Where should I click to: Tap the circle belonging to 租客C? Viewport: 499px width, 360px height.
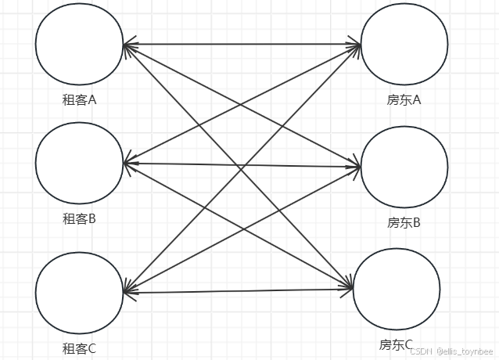[79, 292]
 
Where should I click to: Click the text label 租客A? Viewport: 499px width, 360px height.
[79, 100]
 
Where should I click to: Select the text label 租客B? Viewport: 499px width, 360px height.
[79, 219]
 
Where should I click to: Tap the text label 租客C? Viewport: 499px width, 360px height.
[79, 349]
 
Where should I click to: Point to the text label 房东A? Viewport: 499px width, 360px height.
[404, 100]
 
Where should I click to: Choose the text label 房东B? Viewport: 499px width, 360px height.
[404, 223]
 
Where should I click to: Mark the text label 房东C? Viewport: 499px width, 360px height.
[397, 344]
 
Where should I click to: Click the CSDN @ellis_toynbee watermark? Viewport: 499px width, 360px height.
[453, 352]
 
